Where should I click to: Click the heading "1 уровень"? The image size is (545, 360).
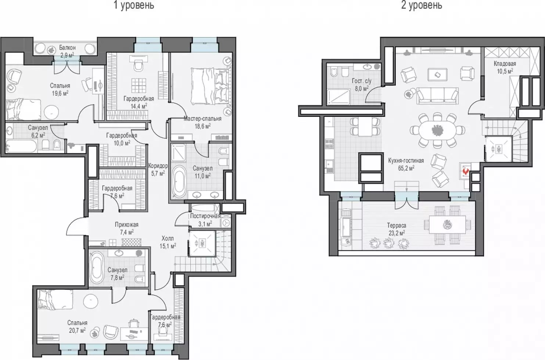(x=134, y=5)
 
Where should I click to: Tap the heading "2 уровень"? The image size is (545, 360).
(x=422, y=5)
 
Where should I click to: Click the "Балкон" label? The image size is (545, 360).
(x=67, y=47)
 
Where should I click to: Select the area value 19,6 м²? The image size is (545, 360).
(x=60, y=93)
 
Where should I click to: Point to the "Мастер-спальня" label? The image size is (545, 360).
(x=202, y=118)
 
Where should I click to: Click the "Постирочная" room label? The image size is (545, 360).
(x=205, y=216)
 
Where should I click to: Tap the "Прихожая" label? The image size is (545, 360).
(x=126, y=225)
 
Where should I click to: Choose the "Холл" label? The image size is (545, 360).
(x=168, y=238)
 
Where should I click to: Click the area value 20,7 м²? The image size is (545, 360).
(x=77, y=330)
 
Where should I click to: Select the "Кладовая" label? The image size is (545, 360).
(x=505, y=64)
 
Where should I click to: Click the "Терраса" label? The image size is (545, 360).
(x=397, y=226)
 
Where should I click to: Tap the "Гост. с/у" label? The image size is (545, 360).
(x=362, y=81)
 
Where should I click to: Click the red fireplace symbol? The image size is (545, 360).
(x=466, y=172)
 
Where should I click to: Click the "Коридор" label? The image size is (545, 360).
(x=158, y=166)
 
